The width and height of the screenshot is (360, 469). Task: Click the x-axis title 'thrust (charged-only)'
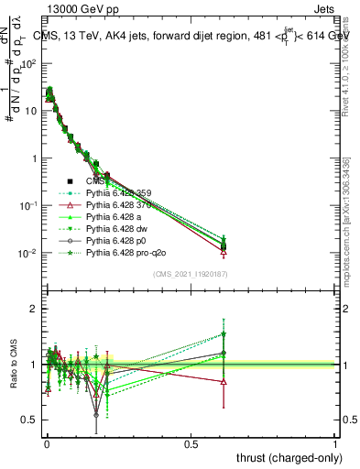tap(285, 458)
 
